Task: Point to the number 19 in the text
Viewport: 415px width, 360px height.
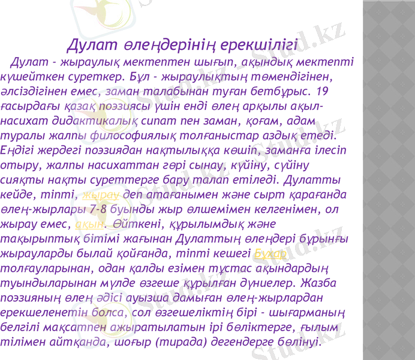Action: pos(322,92)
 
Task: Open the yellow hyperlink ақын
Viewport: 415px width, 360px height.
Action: pos(88,224)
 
